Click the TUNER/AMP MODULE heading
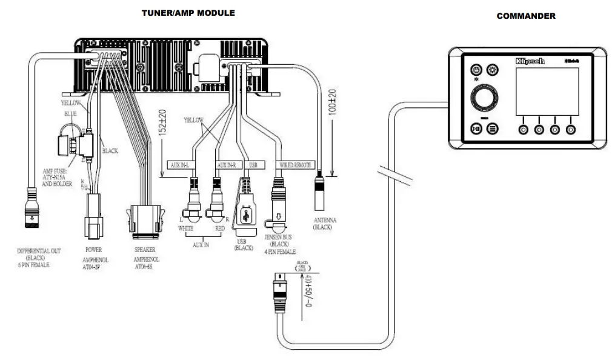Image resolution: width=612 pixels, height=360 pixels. pos(188,13)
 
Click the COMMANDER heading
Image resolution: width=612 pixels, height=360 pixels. pos(525,16)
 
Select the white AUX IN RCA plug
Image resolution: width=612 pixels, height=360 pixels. pos(195,204)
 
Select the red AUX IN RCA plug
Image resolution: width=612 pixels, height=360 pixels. pos(216,204)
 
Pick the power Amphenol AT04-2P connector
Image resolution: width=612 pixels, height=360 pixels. pos(94,215)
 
